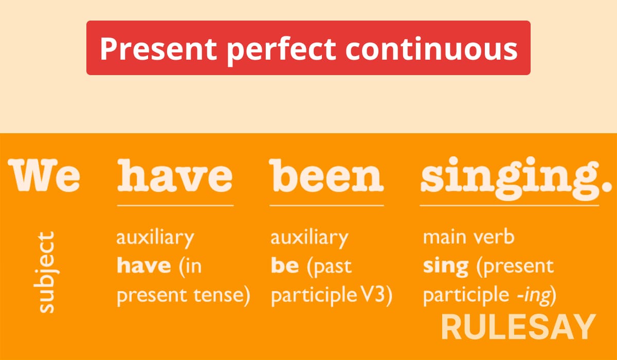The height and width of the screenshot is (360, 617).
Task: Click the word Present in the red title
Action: coord(158,49)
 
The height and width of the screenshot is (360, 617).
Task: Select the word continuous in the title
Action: coord(431,48)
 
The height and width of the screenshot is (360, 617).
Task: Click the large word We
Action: coord(44,175)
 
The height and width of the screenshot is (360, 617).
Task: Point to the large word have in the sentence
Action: coord(175,175)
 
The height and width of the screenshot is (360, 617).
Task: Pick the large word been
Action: coord(326,175)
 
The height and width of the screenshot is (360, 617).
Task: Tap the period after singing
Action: coord(607,186)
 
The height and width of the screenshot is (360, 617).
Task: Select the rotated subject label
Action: coord(46,272)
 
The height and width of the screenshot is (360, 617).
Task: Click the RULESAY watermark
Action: coord(518,327)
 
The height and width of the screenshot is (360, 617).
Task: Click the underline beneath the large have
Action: coord(175,206)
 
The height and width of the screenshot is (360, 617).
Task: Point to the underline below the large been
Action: coord(326,206)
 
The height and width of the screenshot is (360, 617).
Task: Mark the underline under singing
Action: coord(510,206)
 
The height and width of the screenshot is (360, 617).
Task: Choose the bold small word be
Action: coord(285,265)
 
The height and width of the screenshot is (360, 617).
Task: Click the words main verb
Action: coord(468,237)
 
